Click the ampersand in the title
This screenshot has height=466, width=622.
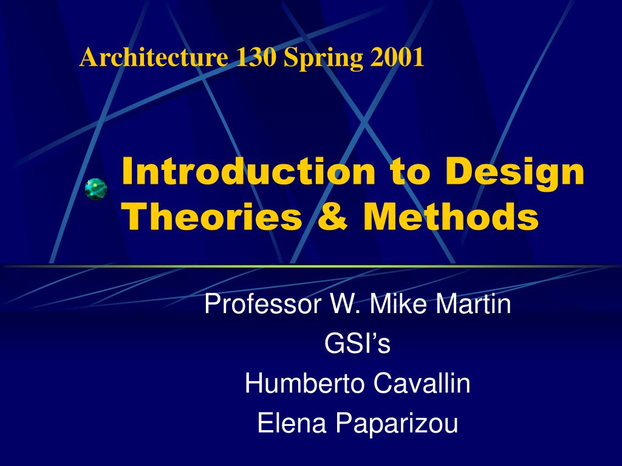[332, 217]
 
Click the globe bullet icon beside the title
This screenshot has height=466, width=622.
[96, 189]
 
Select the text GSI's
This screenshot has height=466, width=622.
[357, 344]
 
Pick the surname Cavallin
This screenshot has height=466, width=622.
[422, 383]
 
